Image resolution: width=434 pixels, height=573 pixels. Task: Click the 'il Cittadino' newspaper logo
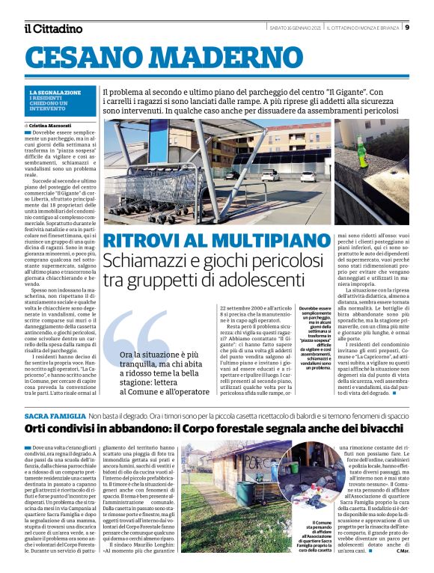[52, 28]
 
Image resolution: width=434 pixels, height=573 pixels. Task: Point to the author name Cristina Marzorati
[53, 125]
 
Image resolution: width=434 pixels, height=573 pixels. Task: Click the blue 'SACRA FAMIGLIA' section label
[54, 415]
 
